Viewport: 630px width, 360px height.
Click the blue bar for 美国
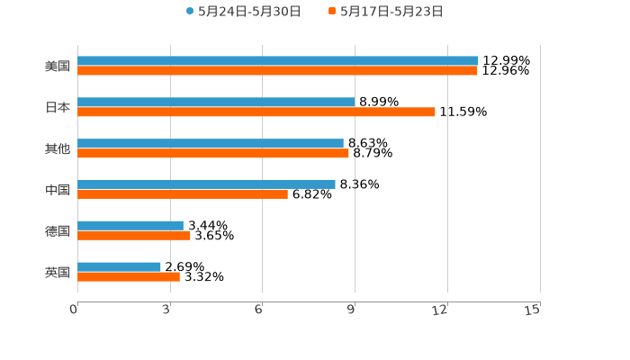tap(278, 61)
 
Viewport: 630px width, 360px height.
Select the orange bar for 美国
tap(277, 70)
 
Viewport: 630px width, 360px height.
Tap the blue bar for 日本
tap(216, 103)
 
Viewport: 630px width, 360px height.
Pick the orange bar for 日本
tap(256, 112)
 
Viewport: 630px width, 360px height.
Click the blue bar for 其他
tap(211, 143)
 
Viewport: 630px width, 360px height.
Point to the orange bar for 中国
tap(183, 193)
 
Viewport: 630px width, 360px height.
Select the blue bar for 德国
tap(130, 226)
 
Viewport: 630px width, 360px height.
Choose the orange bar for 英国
tap(129, 276)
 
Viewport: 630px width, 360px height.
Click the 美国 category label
tap(58, 66)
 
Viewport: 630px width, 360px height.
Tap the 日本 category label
tap(58, 107)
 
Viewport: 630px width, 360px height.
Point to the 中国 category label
tap(58, 189)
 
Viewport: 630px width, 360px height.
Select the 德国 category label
tap(58, 230)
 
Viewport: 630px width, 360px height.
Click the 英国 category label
tap(58, 272)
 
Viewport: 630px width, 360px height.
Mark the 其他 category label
tap(58, 148)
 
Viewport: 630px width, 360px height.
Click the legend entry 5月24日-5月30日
tap(243, 12)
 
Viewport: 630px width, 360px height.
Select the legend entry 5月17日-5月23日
tap(386, 12)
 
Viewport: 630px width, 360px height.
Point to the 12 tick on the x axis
tap(441, 310)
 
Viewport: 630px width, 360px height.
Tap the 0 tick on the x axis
tap(75, 310)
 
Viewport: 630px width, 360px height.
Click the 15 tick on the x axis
tap(533, 310)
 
